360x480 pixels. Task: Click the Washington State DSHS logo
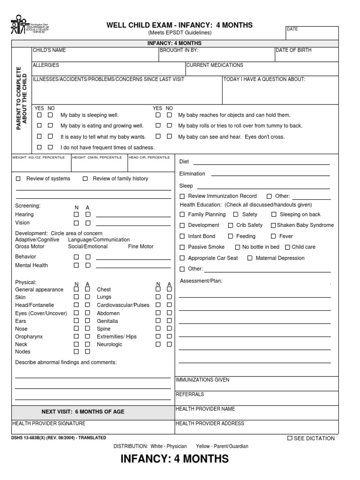[x=29, y=27]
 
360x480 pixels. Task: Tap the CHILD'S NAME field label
[x=49, y=50]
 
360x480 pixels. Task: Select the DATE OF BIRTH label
[x=293, y=50]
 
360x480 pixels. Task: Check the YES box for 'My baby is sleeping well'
[x=39, y=115]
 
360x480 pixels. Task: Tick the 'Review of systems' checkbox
[x=18, y=179]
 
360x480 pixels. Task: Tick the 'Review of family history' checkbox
[x=85, y=179]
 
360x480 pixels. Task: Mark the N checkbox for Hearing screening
[x=76, y=215]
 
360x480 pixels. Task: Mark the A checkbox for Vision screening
[x=88, y=223]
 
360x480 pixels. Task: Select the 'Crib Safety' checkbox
[x=231, y=225]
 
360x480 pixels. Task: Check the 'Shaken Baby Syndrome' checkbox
[x=273, y=225]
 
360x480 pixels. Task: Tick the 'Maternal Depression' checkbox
[x=250, y=258]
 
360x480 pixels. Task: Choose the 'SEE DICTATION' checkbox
[x=290, y=438]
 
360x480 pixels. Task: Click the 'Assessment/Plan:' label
[x=201, y=281]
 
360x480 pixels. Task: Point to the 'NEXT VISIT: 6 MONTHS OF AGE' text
[x=83, y=412]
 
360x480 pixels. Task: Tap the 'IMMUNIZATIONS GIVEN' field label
[x=202, y=380]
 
